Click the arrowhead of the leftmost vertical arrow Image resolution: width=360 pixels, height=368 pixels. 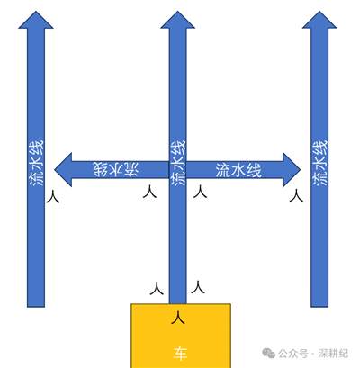click(36, 21)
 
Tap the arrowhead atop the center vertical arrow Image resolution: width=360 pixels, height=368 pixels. click(178, 21)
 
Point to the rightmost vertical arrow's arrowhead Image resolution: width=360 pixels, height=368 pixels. click(319, 21)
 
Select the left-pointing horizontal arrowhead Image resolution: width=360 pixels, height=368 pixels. click(63, 170)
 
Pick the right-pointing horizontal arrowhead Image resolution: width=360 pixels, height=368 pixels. click(292, 170)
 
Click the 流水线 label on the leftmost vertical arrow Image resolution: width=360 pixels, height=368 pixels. click(36, 163)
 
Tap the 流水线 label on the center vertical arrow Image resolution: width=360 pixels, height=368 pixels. click(178, 163)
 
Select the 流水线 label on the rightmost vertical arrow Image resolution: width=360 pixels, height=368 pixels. click(319, 163)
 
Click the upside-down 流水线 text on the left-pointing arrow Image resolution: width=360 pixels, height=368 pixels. click(116, 170)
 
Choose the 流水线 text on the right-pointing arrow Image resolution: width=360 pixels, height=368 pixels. click(238, 170)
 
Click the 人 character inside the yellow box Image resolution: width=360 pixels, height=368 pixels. click(178, 318)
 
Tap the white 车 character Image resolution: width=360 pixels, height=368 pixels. click(180, 354)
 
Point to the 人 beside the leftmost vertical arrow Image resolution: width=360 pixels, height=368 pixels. click(53, 197)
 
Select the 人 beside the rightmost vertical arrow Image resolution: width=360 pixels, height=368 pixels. click(296, 195)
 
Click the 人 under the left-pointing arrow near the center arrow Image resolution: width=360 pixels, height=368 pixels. click(149, 192)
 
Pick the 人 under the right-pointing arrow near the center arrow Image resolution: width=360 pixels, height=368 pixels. click(200, 192)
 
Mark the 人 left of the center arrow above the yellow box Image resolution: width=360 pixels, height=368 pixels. click(157, 288)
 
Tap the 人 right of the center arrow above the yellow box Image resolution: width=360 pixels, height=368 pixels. click(198, 287)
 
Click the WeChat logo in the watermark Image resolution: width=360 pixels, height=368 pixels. click(268, 353)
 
